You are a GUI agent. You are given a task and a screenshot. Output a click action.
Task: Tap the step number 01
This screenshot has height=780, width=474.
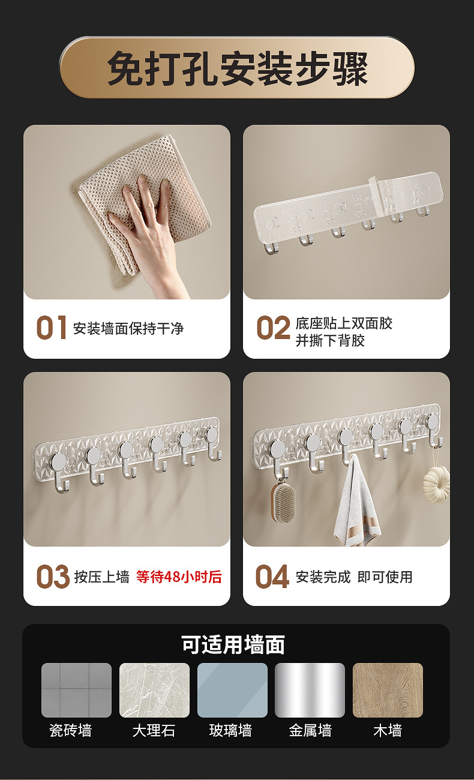click(51, 328)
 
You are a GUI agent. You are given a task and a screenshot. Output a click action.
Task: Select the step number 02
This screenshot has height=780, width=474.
click(273, 329)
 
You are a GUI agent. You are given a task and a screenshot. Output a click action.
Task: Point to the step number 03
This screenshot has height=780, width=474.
click(53, 577)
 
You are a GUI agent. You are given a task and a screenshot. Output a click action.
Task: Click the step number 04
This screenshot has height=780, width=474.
click(272, 577)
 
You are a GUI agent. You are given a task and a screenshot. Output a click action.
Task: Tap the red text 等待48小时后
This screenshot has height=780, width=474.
click(179, 577)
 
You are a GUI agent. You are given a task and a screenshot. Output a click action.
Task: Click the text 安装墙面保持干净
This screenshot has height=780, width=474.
click(128, 329)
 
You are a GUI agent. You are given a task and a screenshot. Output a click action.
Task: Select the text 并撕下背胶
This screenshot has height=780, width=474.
click(330, 341)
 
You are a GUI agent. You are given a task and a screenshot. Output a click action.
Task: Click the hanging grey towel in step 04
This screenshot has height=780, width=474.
click(356, 507)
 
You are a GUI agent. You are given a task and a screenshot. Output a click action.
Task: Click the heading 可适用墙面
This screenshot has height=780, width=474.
click(233, 644)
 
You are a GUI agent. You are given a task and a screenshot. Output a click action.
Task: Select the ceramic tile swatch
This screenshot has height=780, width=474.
click(76, 690)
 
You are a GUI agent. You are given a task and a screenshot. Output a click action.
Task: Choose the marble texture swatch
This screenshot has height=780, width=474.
click(154, 690)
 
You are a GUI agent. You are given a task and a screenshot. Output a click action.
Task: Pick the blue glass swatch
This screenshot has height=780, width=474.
click(232, 690)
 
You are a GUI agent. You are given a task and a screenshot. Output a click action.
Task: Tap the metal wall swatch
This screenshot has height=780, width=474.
click(310, 690)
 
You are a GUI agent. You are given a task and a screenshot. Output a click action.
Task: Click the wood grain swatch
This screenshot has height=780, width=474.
click(388, 690)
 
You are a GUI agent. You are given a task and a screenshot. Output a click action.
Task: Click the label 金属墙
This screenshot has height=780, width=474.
click(310, 731)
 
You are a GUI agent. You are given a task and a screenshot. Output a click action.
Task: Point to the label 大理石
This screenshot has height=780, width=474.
click(154, 731)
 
